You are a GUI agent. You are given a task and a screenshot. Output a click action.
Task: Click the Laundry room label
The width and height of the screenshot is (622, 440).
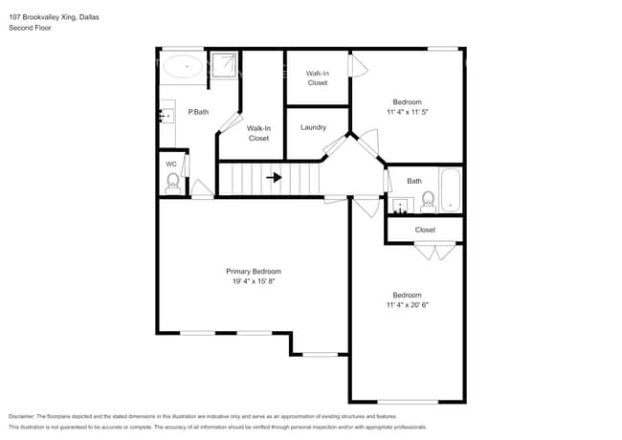(313, 127)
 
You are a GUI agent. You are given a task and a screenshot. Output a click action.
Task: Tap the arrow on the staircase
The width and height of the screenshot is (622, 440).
(274, 177)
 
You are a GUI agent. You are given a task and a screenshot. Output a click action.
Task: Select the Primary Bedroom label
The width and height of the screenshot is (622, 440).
(254, 272)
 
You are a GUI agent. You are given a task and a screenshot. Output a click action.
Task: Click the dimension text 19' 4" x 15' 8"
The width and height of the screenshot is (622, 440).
(254, 282)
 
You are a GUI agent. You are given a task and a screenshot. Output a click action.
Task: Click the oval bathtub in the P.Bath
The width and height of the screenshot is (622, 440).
(182, 67)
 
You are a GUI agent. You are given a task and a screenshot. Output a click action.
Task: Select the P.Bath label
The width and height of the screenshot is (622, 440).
(198, 113)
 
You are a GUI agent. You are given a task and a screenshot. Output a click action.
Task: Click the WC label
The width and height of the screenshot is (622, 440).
(171, 164)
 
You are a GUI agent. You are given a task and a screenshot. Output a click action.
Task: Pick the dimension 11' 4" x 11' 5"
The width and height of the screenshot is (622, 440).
(407, 112)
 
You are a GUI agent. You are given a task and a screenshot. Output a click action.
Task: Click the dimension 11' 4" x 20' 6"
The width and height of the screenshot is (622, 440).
(407, 305)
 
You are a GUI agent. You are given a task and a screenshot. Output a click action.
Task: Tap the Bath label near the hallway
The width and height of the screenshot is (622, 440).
(413, 181)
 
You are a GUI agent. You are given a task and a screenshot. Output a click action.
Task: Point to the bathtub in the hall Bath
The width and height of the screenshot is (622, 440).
(450, 191)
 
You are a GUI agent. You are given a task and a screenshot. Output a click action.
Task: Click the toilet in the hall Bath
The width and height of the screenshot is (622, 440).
(428, 201)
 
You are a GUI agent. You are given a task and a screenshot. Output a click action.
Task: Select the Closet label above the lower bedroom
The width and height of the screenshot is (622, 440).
(425, 230)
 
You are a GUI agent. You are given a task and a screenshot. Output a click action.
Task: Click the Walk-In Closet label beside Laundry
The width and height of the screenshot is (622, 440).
(258, 133)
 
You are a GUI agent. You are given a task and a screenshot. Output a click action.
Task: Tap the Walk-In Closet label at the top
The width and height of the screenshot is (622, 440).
(318, 77)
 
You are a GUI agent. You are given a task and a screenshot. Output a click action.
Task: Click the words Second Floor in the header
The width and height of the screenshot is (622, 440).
(31, 29)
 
